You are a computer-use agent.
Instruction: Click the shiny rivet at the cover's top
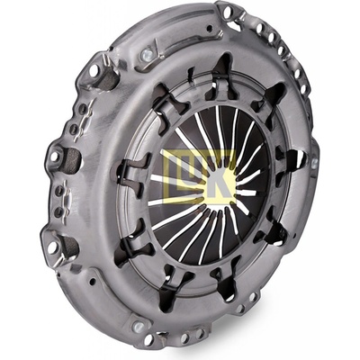[x=147, y=54]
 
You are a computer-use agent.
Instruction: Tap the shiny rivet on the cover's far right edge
[x=314, y=163]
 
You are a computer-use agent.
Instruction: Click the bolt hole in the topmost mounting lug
[x=227, y=12]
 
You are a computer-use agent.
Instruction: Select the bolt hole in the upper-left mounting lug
[x=94, y=70]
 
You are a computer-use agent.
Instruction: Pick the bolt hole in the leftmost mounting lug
[x=54, y=157]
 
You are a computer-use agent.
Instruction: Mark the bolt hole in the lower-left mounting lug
[x=52, y=247]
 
